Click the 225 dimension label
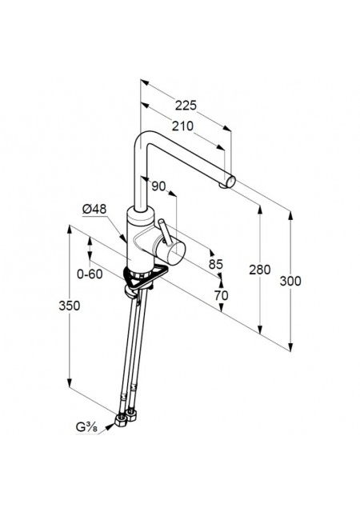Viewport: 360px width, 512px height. tap(186, 106)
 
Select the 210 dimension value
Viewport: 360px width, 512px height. tap(182, 126)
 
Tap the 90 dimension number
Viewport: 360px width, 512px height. tap(158, 186)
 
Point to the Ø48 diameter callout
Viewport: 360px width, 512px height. tap(94, 209)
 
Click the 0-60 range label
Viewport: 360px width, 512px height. tap(90, 274)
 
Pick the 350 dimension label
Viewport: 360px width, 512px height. tap(70, 306)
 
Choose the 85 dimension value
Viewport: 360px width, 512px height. tap(216, 264)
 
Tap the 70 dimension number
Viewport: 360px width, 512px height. tap(221, 295)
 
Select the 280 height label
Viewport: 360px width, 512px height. tap(260, 270)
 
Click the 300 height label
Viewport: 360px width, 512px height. tap(290, 281)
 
